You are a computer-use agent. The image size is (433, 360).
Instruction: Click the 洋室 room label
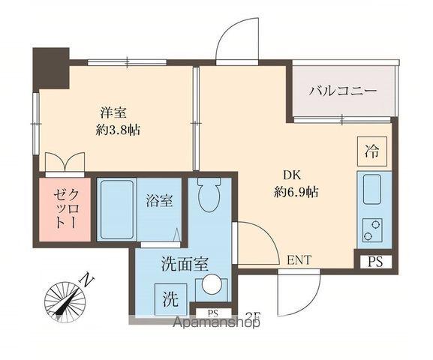click(x=113, y=112)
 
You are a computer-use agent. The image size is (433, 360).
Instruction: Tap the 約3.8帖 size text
click(x=119, y=129)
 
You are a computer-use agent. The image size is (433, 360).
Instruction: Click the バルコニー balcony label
click(x=342, y=92)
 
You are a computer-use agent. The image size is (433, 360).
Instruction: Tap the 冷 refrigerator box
click(x=371, y=150)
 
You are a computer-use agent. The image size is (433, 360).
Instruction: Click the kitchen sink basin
click(x=373, y=190)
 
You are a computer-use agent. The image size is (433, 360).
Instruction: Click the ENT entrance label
click(x=299, y=260)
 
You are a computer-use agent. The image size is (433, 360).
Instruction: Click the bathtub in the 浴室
click(x=116, y=209)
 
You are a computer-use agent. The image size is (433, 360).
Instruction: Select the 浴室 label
click(x=158, y=200)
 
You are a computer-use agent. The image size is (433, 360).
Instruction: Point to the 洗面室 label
click(x=185, y=264)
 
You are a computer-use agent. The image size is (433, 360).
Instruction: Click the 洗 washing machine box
click(x=170, y=300)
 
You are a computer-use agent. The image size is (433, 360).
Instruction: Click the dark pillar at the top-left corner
click(x=50, y=67)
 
